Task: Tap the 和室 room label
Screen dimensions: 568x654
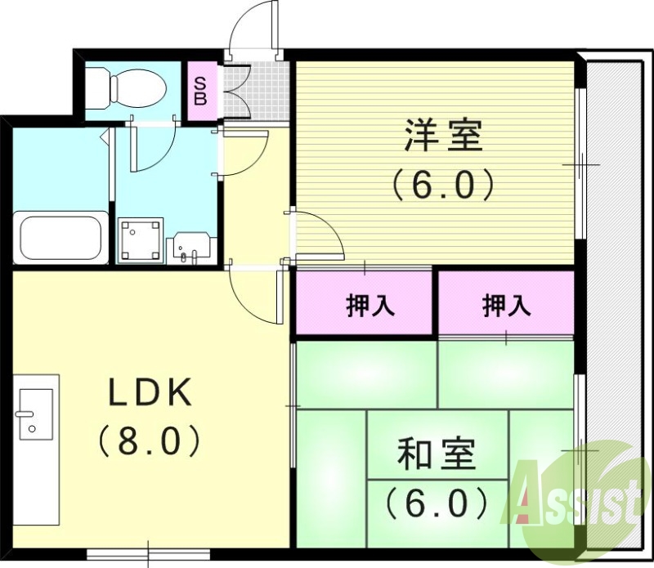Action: pyautogui.click(x=437, y=454)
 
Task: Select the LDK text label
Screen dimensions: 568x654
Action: pyautogui.click(x=151, y=393)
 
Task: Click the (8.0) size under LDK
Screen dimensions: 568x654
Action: pyautogui.click(x=150, y=443)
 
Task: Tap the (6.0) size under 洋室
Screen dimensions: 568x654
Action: pyautogui.click(x=442, y=186)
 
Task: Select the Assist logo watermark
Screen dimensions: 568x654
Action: pyautogui.click(x=576, y=494)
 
